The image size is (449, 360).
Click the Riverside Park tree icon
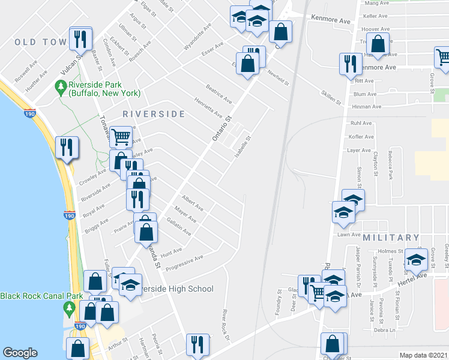pyautogui.click(x=60, y=88)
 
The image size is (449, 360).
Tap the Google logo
pyautogui.click(x=20, y=353)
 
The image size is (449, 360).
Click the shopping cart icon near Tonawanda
pyautogui.click(x=121, y=137)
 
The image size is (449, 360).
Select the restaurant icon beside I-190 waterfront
pyautogui.click(x=66, y=147)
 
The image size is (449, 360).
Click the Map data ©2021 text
pyautogui.click(x=424, y=355)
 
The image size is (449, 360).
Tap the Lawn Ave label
pyautogui.click(x=348, y=235)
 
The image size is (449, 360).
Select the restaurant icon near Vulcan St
pyautogui.click(x=80, y=39)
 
